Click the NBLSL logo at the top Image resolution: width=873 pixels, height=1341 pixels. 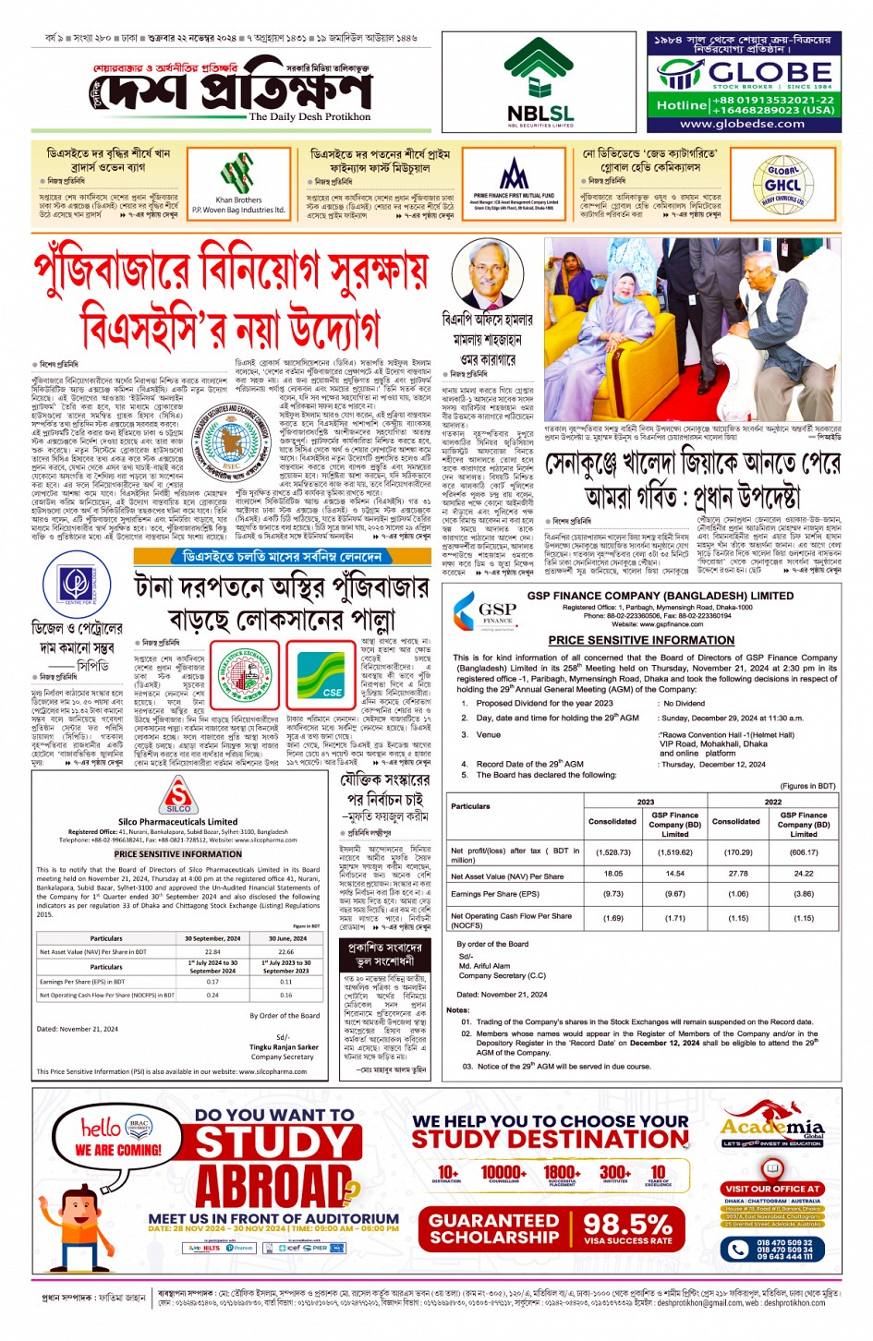point(540,83)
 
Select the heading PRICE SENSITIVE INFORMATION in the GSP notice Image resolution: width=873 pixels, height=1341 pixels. point(640,640)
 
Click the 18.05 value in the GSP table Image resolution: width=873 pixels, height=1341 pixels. point(612,873)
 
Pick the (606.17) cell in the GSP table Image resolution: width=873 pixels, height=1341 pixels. point(803,852)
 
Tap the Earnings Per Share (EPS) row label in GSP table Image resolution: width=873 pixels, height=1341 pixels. point(494,894)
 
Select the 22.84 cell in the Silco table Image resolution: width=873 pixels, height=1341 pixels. point(212,951)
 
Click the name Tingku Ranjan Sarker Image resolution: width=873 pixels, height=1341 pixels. point(284,1047)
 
